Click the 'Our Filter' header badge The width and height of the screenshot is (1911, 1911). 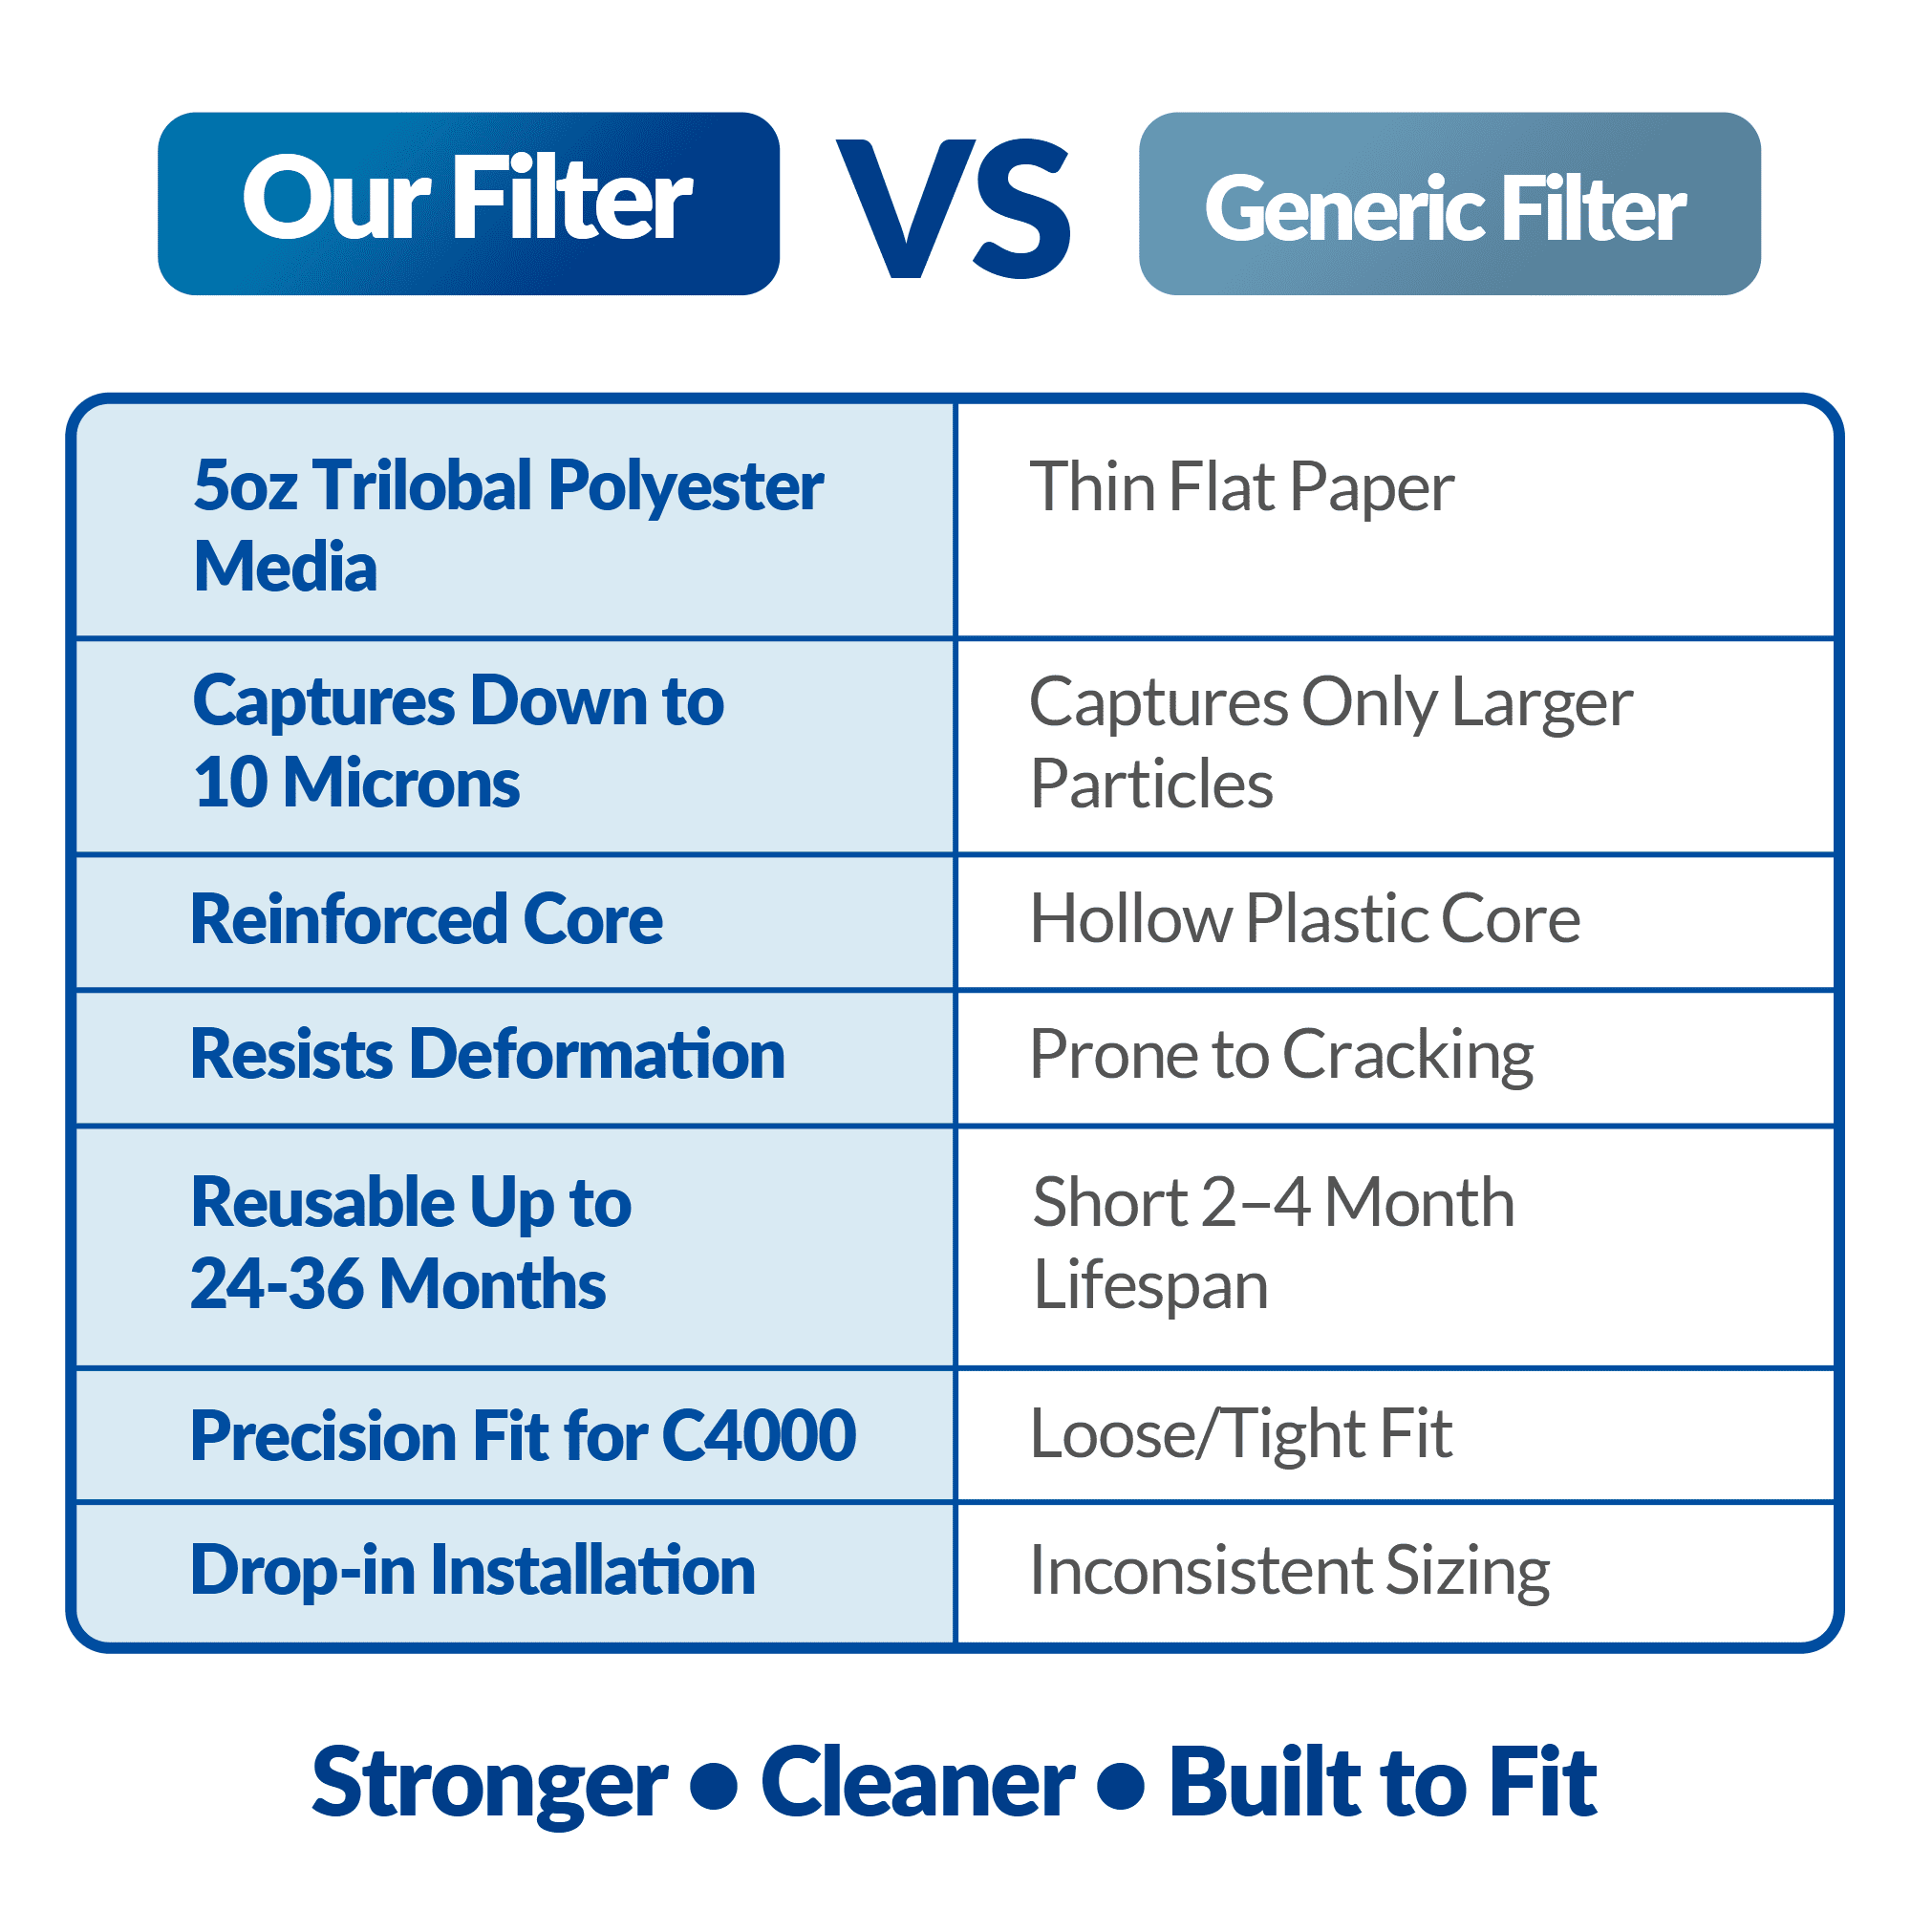468,203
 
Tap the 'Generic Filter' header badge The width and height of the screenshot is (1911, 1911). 1449,203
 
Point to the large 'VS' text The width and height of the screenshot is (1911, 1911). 954,207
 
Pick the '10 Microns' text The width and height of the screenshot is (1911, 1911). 356,783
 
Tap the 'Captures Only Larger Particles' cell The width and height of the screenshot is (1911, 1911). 1396,746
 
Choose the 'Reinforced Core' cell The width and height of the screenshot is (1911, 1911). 515,921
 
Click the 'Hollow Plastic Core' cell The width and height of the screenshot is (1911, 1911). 1396,921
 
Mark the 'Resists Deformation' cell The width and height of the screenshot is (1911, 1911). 515,1057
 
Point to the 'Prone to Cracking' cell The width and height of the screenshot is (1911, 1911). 1396,1057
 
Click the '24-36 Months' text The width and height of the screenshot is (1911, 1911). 397,1284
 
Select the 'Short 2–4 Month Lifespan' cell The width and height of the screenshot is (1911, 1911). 1396,1246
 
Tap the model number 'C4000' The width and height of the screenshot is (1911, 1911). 759,1435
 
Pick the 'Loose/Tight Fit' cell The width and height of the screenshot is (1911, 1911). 1396,1435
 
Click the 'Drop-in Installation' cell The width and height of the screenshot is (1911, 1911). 515,1571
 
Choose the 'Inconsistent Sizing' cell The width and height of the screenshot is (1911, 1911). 1396,1571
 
